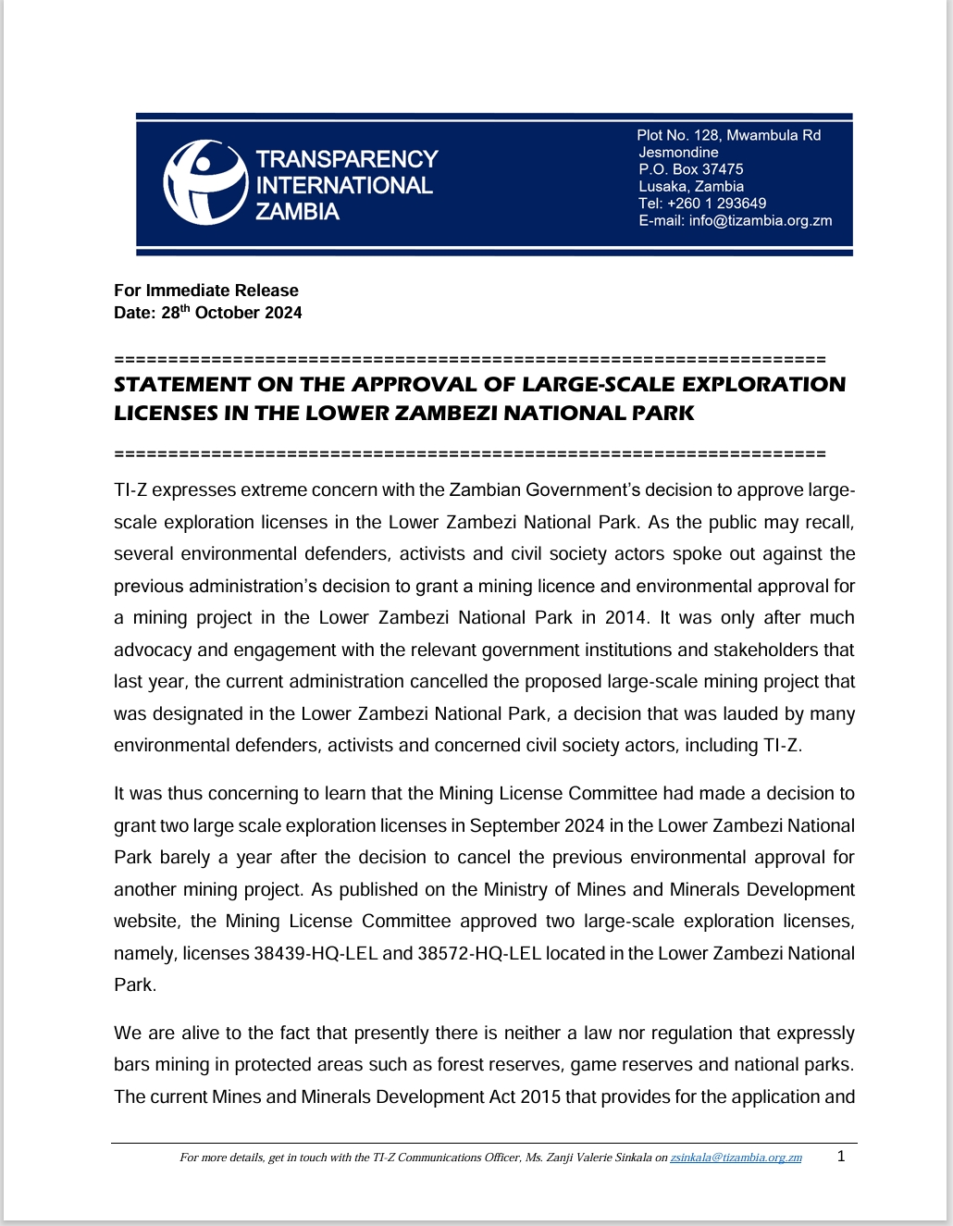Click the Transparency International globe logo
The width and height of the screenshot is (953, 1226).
[x=205, y=182]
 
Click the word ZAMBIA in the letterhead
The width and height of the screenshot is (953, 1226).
[x=297, y=212]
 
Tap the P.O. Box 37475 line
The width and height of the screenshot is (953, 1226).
[x=690, y=169]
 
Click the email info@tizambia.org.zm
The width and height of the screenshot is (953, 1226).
[x=760, y=220]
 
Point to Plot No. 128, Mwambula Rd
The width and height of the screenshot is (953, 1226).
[x=728, y=135]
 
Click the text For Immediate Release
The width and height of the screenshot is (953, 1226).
[x=205, y=291]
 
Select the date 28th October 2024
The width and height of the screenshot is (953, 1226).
[x=231, y=313]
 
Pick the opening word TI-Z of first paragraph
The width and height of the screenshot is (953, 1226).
[x=130, y=490]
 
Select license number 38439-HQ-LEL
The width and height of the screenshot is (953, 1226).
[x=316, y=953]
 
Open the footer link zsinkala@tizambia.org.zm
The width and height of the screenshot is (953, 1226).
[x=736, y=1158]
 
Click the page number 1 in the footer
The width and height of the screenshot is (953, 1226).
[x=841, y=1156]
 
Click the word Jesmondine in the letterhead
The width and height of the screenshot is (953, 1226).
[x=678, y=153]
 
